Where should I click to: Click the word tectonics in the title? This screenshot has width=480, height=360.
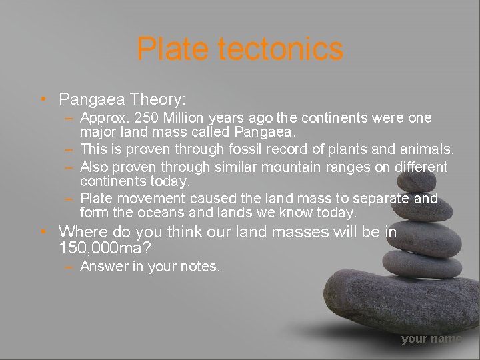[x=281, y=49]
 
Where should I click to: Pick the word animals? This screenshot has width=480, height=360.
[x=427, y=149]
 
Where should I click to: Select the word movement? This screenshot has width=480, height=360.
[x=155, y=199]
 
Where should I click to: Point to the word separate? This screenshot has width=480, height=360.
[x=379, y=199]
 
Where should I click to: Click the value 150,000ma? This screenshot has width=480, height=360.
[x=104, y=249]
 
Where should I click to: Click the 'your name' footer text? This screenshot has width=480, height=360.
[x=431, y=339]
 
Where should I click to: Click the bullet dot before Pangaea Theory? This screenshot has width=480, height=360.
[x=42, y=100]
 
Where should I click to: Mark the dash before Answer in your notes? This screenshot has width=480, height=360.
[x=69, y=267]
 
